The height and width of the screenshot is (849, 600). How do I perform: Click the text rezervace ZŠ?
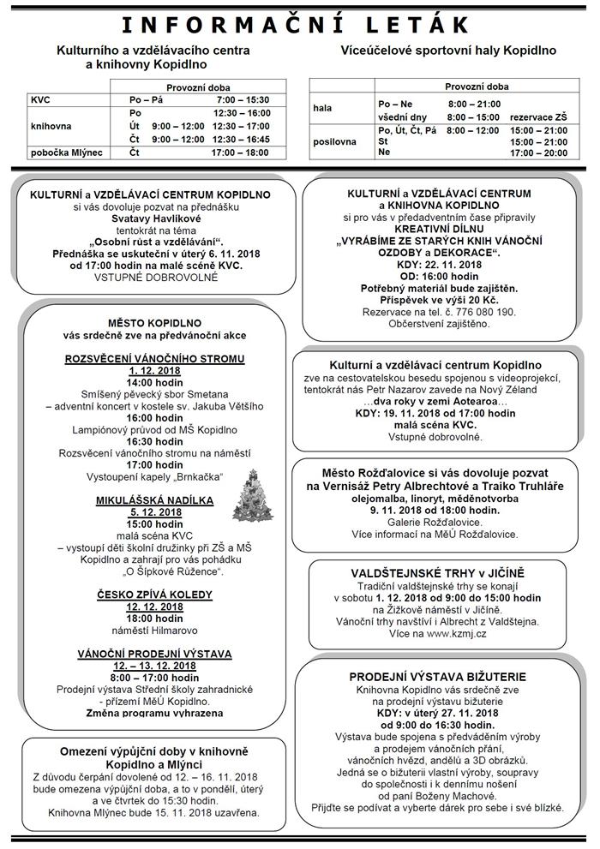(x=538, y=117)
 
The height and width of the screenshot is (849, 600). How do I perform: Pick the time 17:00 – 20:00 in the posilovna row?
(x=538, y=152)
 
